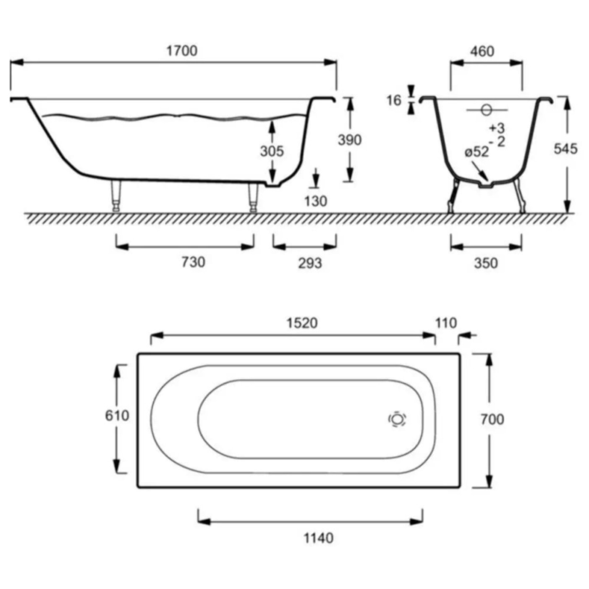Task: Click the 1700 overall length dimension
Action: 182,51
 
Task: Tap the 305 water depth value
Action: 272,151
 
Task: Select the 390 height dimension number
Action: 350,140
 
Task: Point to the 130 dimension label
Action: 316,201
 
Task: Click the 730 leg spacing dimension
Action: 194,262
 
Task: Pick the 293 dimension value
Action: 310,263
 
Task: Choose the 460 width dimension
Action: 482,51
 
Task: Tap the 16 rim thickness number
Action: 394,101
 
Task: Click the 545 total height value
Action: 566,149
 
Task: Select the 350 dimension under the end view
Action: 486,263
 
